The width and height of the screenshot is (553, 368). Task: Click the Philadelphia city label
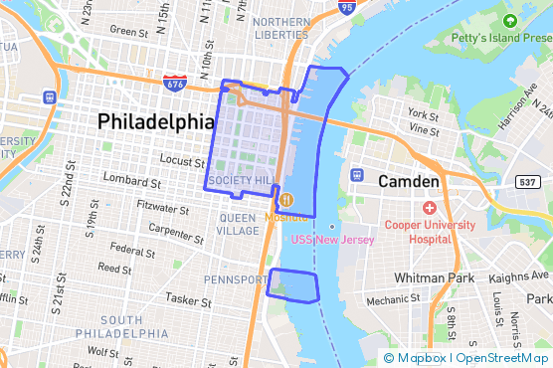(156, 121)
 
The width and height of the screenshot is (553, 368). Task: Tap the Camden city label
(408, 182)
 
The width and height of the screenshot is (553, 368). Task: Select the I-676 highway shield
(174, 82)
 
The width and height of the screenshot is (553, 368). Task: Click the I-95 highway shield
(346, 8)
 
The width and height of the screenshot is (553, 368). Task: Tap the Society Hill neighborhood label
(243, 181)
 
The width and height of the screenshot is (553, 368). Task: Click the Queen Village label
(238, 224)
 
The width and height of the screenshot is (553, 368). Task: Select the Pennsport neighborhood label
(234, 279)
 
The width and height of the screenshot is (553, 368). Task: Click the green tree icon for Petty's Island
(510, 21)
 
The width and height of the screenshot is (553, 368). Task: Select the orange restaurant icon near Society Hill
(285, 199)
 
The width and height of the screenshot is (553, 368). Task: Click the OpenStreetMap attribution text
(502, 358)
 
